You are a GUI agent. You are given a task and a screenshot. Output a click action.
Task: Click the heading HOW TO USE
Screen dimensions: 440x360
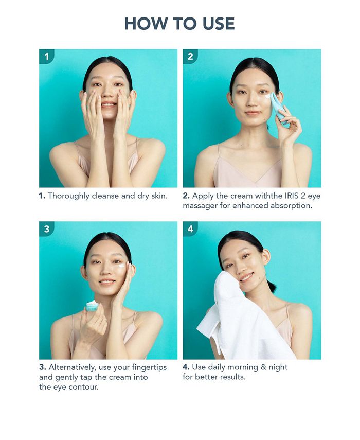(179, 24)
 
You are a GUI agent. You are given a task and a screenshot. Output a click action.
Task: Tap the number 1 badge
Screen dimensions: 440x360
(46, 57)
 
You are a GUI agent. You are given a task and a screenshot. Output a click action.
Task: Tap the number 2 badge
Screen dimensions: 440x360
(190, 57)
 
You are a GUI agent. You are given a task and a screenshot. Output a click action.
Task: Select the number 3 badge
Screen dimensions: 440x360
(46, 229)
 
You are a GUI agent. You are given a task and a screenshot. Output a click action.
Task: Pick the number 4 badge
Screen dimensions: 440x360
(190, 229)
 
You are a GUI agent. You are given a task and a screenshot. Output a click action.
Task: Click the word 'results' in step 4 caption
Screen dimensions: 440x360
(231, 377)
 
